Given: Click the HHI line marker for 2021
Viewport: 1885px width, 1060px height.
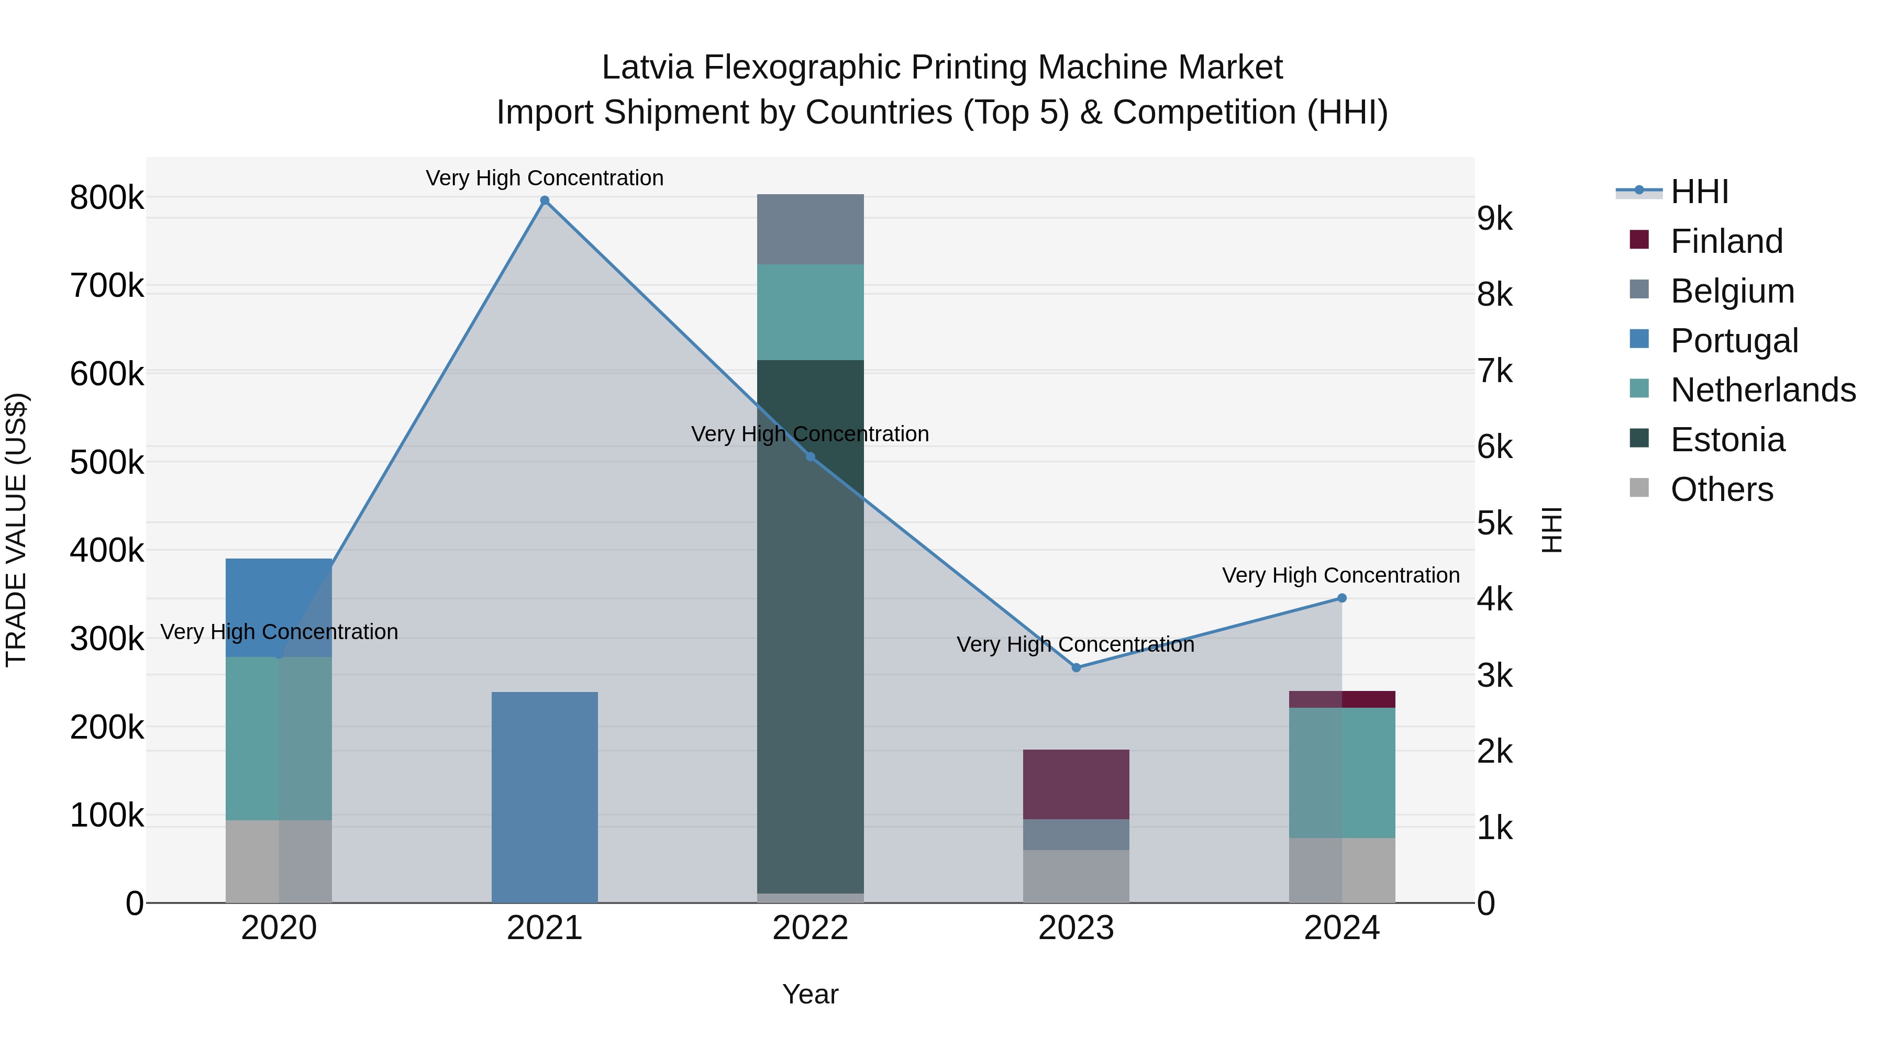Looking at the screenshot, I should point(545,200).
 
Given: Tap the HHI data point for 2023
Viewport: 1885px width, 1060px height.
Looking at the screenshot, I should point(1075,667).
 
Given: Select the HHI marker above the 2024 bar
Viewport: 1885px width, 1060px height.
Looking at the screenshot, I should point(1341,598).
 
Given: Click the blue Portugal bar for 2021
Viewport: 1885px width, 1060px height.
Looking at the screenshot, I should point(545,797).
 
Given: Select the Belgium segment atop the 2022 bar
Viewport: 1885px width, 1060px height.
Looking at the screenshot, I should point(810,229).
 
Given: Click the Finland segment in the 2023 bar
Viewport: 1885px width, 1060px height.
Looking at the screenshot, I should point(1075,784).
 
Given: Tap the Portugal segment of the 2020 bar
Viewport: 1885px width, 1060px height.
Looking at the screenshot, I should point(279,607).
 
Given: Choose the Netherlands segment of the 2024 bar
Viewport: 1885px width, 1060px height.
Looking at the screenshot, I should point(1341,773).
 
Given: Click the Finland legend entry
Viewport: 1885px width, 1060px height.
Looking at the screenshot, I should point(1726,241).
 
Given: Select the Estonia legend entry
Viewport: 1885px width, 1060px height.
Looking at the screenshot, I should point(1727,440).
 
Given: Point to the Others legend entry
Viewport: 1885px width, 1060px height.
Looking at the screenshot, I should point(1721,489).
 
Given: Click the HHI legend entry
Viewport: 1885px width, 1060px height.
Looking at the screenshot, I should point(1699,192).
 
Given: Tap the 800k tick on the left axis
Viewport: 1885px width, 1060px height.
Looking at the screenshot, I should point(107,197).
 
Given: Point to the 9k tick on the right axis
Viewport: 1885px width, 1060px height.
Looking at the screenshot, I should point(1494,219).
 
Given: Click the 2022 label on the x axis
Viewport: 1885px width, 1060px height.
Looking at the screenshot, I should point(810,928).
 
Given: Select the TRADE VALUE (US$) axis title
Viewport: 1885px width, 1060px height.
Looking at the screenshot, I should point(16,530).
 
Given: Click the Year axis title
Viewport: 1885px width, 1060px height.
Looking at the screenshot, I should point(810,994).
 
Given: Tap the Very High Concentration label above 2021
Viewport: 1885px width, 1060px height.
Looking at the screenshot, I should point(545,178).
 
